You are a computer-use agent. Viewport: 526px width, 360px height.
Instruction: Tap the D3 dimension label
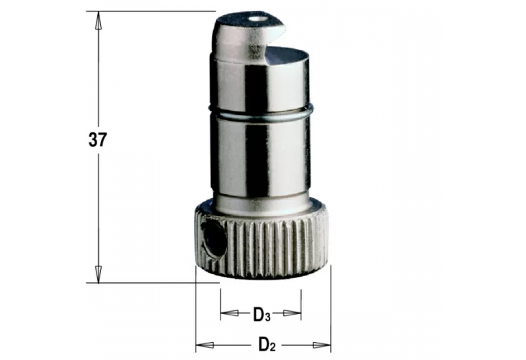click(261, 314)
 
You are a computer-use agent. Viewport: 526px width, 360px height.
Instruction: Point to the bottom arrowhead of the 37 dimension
click(97, 274)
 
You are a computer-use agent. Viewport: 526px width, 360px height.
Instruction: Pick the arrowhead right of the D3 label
click(295, 313)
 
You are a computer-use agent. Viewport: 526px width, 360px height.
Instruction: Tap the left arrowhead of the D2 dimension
click(202, 343)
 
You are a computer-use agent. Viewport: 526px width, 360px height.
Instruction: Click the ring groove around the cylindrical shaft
click(261, 112)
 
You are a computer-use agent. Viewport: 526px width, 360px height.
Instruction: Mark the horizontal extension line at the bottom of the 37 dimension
click(144, 283)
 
